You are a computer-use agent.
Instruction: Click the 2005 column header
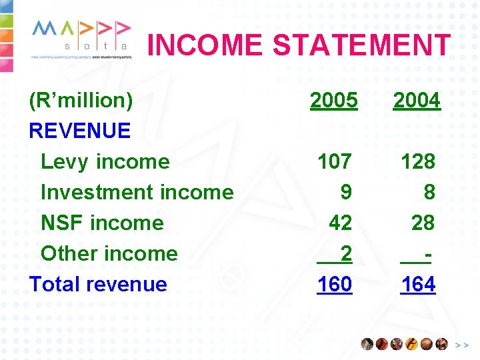pos(334,101)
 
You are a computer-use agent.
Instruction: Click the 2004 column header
pos(417,101)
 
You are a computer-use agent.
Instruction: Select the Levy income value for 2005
pos(334,161)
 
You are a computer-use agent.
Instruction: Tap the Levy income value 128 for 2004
pos(417,161)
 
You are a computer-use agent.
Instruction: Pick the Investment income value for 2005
pos(345,192)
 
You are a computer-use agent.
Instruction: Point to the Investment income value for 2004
pos(429,192)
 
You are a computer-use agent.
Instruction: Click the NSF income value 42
pos(340,223)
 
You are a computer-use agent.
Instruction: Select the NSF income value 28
pos(423,223)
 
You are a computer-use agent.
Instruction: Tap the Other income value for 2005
pos(345,253)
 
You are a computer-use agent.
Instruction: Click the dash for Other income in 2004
pos(426,253)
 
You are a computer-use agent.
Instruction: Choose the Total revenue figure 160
pos(334,284)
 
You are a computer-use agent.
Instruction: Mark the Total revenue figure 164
pos(418,284)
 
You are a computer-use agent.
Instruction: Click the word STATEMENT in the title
pos(361,45)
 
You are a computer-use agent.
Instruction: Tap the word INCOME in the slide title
pos(205,45)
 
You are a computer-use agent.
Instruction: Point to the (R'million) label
pos(81,101)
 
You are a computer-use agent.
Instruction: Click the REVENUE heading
pos(80,131)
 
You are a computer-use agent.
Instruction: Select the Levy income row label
pos(105,161)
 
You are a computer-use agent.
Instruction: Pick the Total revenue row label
pos(98,284)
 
